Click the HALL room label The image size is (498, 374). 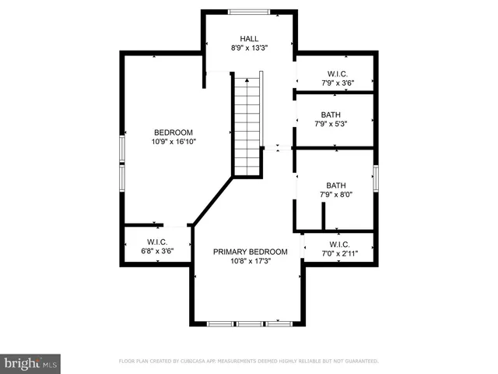[249, 38]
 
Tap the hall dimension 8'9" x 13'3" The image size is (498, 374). [249, 48]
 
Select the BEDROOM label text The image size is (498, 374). [173, 132]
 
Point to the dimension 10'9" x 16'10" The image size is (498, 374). [173, 142]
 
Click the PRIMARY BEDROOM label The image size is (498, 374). [251, 252]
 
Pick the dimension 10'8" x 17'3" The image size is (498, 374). [251, 262]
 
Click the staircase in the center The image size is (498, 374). [248, 125]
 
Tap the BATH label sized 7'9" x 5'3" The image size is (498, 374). [331, 115]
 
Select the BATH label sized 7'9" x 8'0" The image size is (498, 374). [336, 185]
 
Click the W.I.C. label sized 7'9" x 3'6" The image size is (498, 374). [336, 73]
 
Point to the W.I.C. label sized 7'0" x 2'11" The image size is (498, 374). [338, 244]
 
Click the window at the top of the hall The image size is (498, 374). [249, 11]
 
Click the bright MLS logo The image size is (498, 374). [31, 362]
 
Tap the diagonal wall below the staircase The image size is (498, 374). [212, 201]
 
